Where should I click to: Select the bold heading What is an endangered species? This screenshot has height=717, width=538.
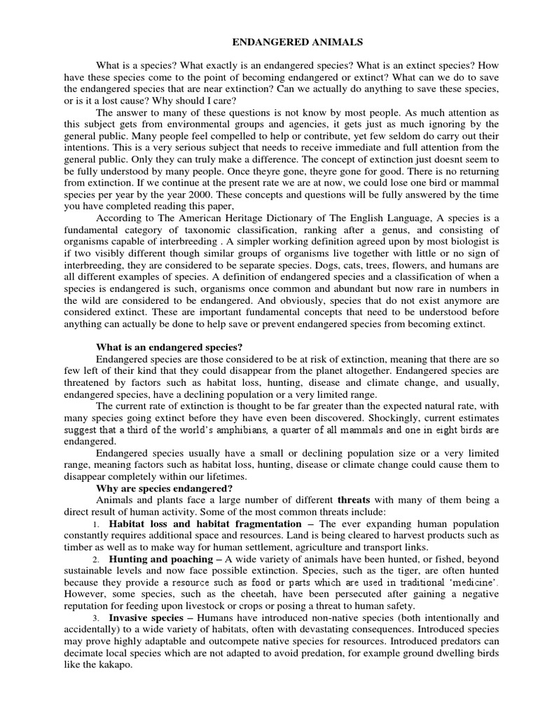pyautogui.click(x=169, y=347)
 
